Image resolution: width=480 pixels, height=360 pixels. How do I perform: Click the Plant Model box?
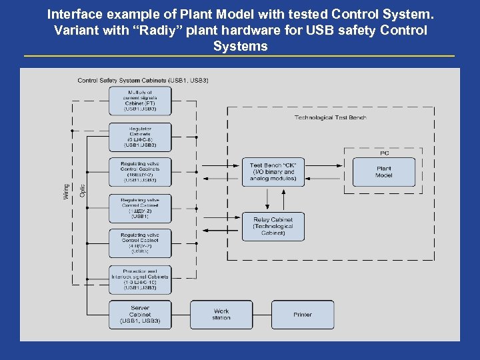pos(383,172)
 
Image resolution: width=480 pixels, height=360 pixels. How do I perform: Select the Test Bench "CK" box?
pos(272,172)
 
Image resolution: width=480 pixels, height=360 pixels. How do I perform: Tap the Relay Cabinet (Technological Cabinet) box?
pos(272,226)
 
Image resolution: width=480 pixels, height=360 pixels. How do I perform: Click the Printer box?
pos(302,315)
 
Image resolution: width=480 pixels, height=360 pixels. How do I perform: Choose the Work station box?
pos(221,315)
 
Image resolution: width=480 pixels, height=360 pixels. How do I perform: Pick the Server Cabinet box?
pos(140,315)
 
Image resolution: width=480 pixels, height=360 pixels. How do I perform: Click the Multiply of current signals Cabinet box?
pos(140,101)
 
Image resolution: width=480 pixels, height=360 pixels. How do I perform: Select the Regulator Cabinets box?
pos(140,137)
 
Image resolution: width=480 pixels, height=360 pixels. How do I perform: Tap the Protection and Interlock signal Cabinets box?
pos(140,280)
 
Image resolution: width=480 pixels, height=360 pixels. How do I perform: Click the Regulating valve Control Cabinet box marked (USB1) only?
pos(140,208)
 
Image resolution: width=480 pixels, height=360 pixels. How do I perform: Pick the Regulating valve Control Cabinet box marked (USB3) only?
pos(140,243)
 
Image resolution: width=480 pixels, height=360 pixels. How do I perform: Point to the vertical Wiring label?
pos(65,191)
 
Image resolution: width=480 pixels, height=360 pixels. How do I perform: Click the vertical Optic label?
pos(83,191)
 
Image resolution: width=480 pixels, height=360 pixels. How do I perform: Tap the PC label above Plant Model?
pos(384,153)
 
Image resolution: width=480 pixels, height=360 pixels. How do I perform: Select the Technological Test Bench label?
pos(330,118)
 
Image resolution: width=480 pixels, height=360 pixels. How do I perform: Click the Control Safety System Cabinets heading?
pos(143,81)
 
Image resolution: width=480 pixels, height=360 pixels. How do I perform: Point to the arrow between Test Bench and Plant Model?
pos(327,167)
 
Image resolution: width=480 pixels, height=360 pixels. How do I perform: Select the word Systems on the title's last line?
pos(240,47)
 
